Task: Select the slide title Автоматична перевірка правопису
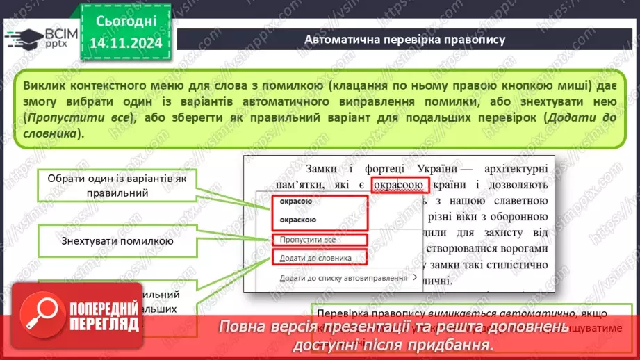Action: [404, 39]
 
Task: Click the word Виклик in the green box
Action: [42, 85]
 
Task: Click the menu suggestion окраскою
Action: [298, 220]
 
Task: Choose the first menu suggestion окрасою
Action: [296, 202]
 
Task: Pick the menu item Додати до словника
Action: [315, 258]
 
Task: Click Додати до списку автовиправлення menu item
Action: [343, 278]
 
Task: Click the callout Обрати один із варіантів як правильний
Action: [117, 184]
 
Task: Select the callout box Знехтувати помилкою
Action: [117, 242]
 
